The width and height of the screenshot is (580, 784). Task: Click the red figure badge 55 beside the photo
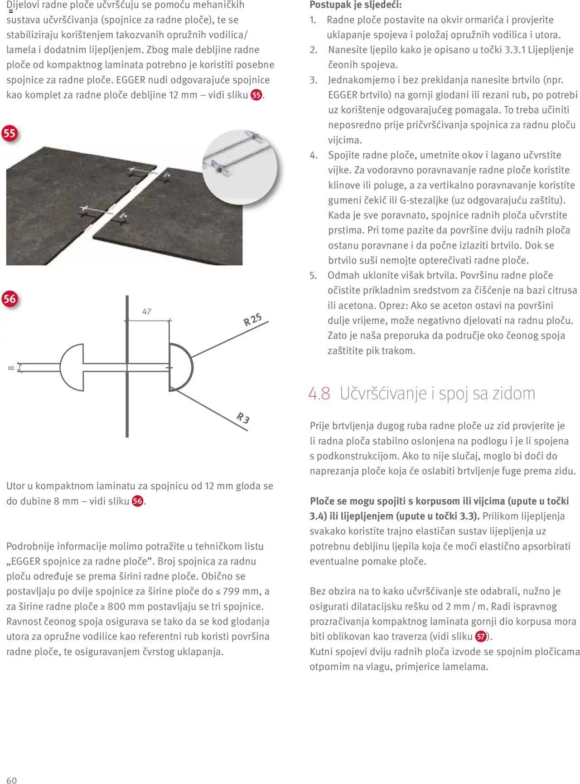point(10,133)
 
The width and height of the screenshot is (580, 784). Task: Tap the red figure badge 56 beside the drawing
point(10,299)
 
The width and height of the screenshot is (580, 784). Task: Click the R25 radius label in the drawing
point(252,320)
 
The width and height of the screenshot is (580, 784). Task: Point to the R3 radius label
point(243,418)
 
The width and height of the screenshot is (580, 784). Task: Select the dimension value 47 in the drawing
point(147,312)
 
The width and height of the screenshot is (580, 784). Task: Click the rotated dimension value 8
point(10,368)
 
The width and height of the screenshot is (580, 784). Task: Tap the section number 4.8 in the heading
point(319,393)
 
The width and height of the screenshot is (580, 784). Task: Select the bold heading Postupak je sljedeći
point(356,5)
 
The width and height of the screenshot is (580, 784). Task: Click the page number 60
point(11,780)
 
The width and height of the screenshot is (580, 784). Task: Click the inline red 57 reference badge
point(481,637)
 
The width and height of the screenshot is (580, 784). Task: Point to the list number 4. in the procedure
point(314,155)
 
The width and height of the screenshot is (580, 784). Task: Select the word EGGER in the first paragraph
point(130,80)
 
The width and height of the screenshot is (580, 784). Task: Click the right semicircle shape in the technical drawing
point(181,367)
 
